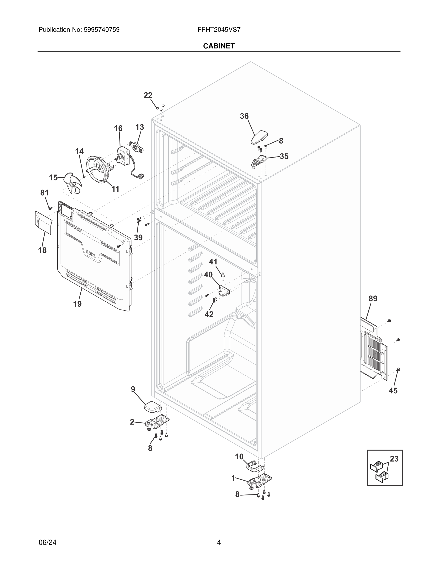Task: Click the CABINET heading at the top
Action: click(x=219, y=46)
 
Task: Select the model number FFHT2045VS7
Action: click(x=219, y=30)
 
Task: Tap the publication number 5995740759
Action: click(x=101, y=30)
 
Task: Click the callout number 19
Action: click(x=77, y=304)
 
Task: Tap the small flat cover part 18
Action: click(x=43, y=222)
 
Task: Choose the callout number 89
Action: click(x=373, y=299)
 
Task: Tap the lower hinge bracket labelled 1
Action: click(x=260, y=481)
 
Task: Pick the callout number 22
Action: click(x=148, y=95)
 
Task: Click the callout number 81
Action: click(x=44, y=193)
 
